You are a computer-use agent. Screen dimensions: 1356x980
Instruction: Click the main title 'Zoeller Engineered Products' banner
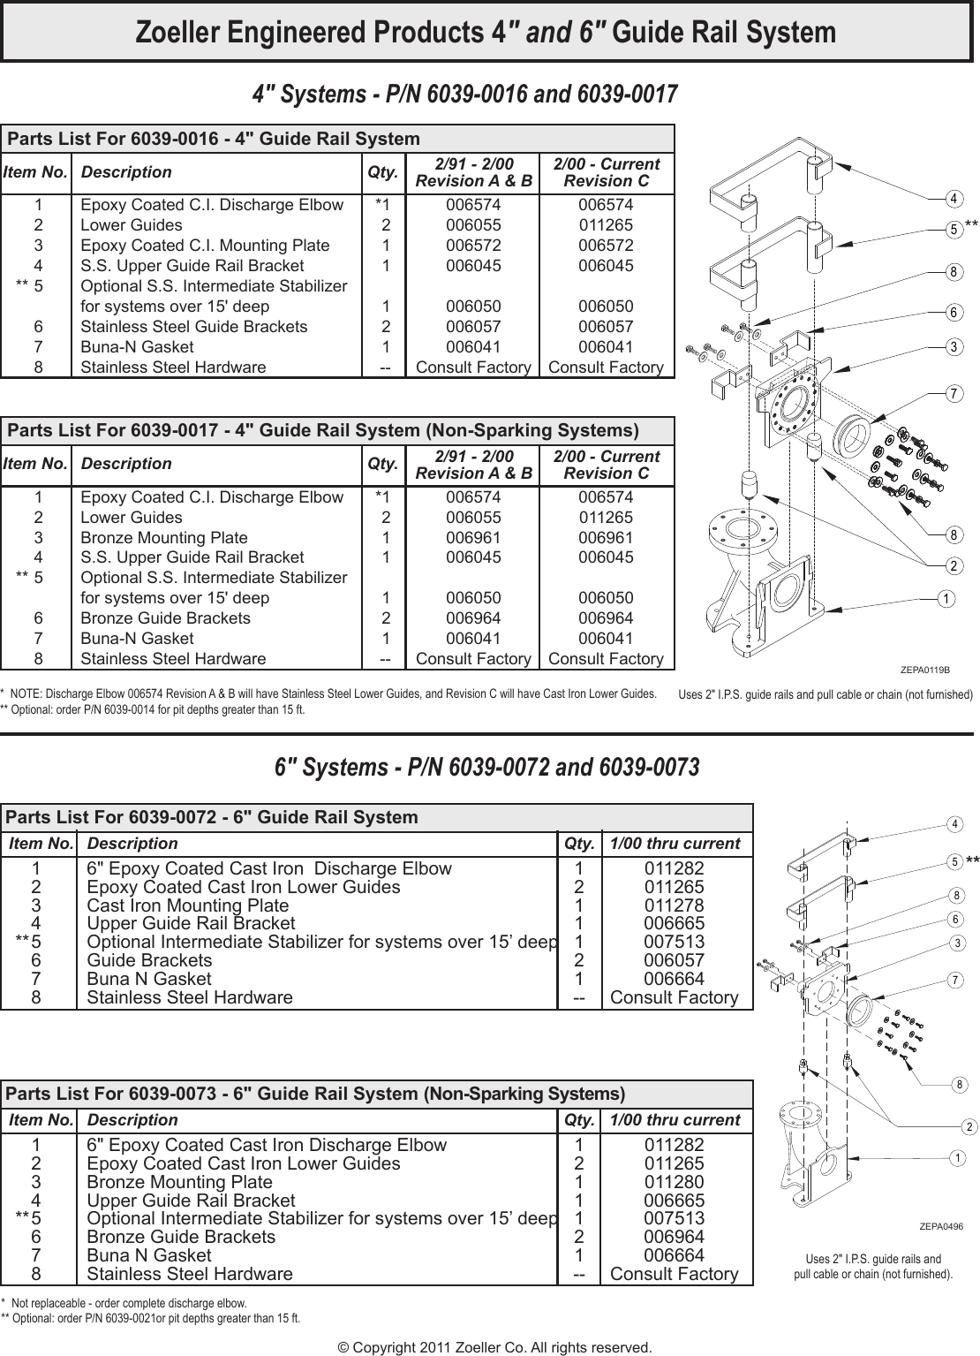tap(486, 33)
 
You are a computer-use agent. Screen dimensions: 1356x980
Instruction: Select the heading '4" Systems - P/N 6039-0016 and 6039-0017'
tap(465, 94)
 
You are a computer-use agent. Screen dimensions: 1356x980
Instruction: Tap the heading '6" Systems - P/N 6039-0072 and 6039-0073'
tap(486, 767)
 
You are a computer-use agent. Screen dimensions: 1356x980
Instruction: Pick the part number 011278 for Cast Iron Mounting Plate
tap(674, 905)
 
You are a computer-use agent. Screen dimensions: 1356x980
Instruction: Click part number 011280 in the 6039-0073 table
tap(674, 1182)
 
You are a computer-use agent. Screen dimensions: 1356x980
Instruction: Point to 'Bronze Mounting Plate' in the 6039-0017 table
tap(164, 537)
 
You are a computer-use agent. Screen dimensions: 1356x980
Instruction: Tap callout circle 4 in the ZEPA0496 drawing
tap(954, 824)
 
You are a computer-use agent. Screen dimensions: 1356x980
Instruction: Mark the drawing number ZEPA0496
tap(940, 1226)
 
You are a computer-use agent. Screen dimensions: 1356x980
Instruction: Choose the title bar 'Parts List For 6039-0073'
tap(315, 1094)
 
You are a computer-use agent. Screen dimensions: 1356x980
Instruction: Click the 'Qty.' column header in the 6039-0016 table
tap(382, 171)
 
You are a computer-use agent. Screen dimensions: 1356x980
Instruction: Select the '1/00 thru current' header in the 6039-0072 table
tap(675, 844)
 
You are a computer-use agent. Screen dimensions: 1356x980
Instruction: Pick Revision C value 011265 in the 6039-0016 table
tap(606, 225)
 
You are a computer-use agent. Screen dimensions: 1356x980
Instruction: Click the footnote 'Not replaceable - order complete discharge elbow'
tap(128, 1302)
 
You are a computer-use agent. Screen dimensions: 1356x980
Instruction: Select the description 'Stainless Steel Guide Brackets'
tap(194, 327)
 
